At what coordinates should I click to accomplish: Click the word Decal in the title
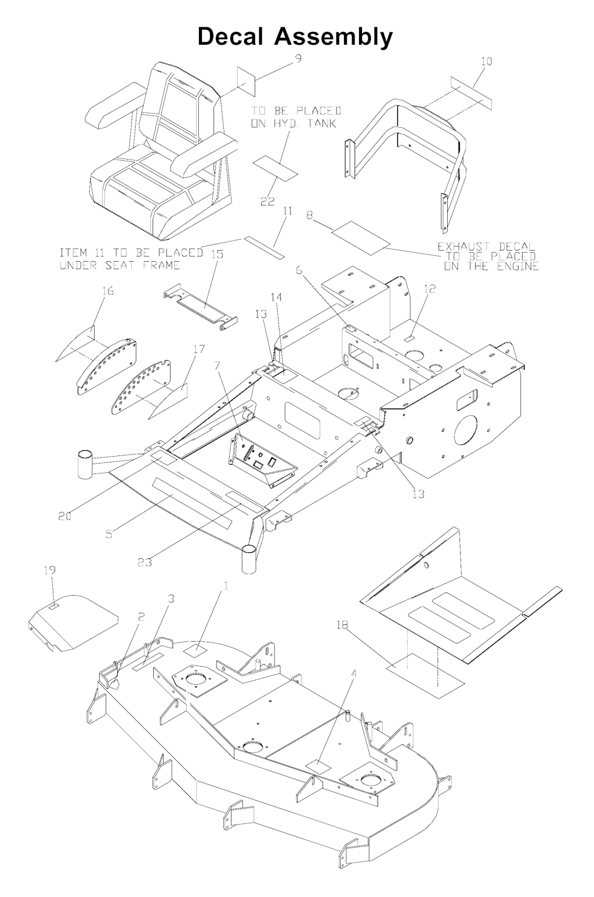[x=230, y=37]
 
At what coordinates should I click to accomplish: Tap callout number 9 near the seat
[x=298, y=59]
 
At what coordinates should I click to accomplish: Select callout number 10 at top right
[x=486, y=62]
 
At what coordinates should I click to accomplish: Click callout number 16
[x=108, y=291]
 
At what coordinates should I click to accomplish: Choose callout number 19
[x=50, y=570]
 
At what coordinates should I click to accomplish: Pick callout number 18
[x=343, y=625]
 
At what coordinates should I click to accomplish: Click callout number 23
[x=145, y=562]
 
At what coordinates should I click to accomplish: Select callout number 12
[x=429, y=288]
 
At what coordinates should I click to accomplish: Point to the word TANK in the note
[x=322, y=123]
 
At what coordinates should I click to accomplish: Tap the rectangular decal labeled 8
[x=361, y=238]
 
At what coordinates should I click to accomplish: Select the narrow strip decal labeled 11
[x=264, y=247]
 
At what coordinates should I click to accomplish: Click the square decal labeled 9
[x=247, y=81]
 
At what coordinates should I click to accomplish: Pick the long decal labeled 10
[x=471, y=93]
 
